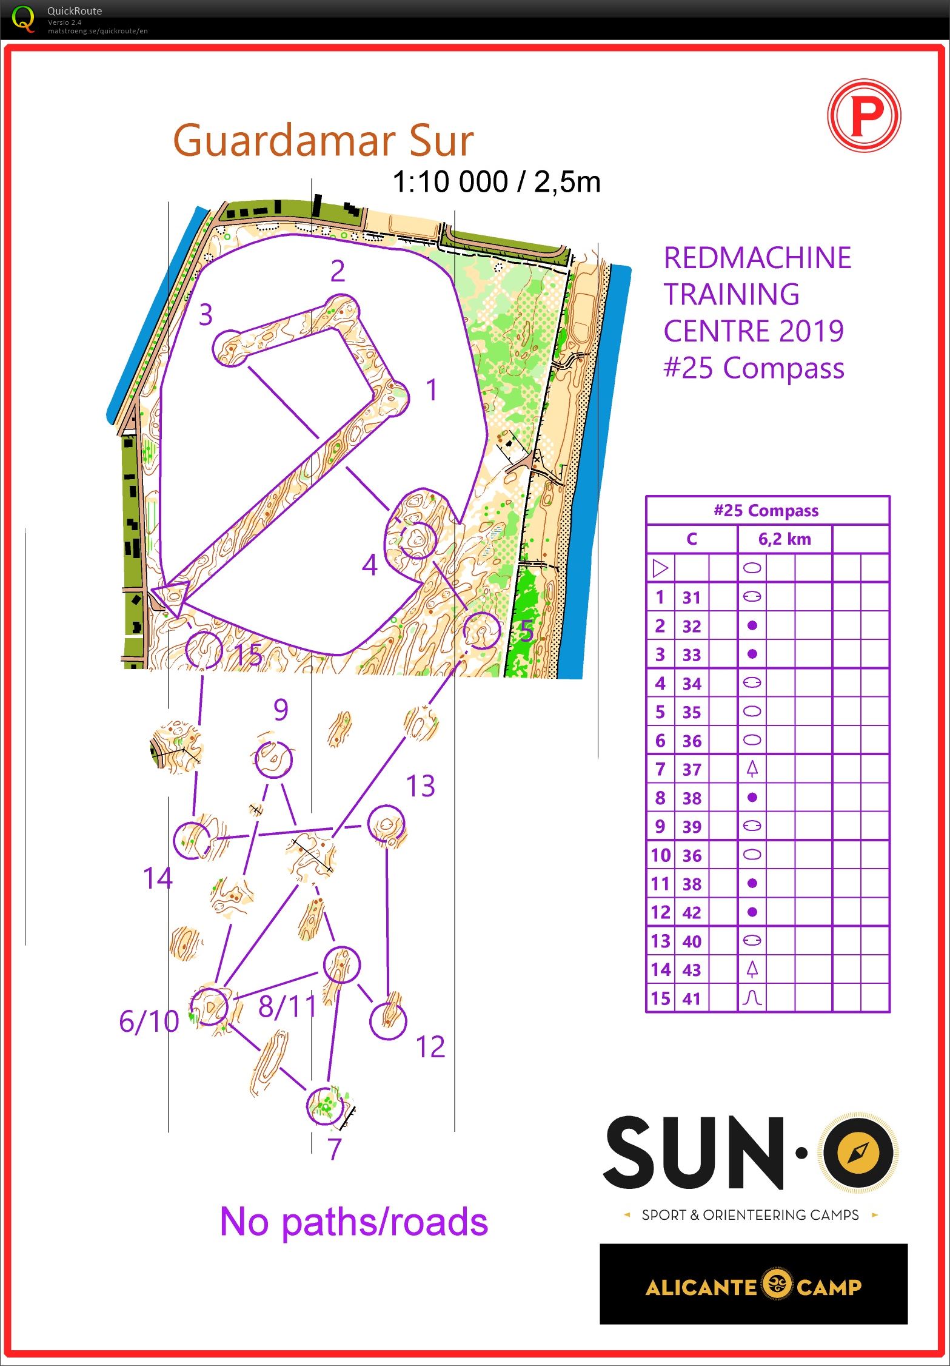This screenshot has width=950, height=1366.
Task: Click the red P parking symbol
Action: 864,115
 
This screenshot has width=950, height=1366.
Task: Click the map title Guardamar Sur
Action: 323,141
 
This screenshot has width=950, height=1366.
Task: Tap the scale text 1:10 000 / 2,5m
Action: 497,182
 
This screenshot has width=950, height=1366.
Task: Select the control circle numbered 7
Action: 325,1106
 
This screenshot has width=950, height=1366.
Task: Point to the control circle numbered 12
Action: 388,1021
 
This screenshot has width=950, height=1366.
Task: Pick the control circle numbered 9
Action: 273,759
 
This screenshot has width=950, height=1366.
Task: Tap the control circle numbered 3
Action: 231,348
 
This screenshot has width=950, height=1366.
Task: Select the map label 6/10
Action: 149,1021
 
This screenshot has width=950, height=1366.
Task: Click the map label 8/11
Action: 287,1007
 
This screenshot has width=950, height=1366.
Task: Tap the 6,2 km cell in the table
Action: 784,539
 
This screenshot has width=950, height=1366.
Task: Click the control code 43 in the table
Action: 692,970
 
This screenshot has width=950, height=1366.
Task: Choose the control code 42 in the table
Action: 692,912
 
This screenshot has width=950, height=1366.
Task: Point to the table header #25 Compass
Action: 766,511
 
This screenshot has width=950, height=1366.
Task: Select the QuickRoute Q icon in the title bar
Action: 23,18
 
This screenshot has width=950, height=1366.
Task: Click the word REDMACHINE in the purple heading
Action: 757,258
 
